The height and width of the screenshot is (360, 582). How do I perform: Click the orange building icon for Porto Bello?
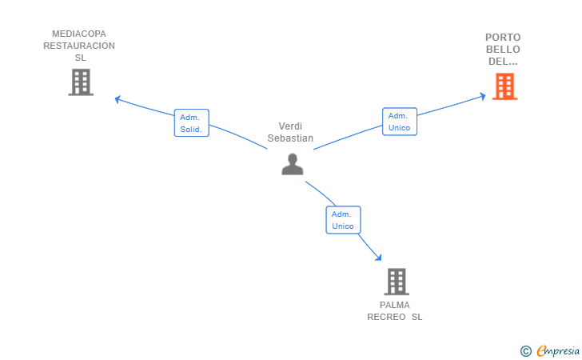point(504,86)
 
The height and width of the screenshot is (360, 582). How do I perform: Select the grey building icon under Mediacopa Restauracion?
point(81,82)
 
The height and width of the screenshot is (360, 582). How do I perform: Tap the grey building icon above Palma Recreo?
point(397,282)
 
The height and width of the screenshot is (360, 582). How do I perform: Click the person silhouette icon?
point(293,164)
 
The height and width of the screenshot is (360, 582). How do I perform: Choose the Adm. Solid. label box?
point(192,123)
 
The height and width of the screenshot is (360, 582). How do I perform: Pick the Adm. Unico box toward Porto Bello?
point(400,122)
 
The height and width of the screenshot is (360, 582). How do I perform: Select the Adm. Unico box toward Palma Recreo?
point(343,220)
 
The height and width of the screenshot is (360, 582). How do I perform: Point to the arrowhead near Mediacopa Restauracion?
point(118,99)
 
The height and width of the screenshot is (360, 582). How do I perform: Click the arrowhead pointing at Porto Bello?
point(483,97)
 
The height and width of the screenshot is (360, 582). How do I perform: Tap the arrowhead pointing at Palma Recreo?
point(378,257)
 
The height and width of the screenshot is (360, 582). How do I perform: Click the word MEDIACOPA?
point(79,34)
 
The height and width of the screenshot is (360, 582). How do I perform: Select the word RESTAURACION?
point(79,46)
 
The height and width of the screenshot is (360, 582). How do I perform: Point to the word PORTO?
point(503,38)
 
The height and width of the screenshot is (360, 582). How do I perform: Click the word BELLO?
point(503,50)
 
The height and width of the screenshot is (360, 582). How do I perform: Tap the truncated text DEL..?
point(503,62)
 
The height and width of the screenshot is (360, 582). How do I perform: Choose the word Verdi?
point(290,126)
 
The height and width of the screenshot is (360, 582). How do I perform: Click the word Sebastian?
point(290,138)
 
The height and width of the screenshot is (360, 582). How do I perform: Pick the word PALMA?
point(395,305)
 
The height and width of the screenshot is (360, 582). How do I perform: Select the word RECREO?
point(386,317)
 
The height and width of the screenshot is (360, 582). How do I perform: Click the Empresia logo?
point(550,350)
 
